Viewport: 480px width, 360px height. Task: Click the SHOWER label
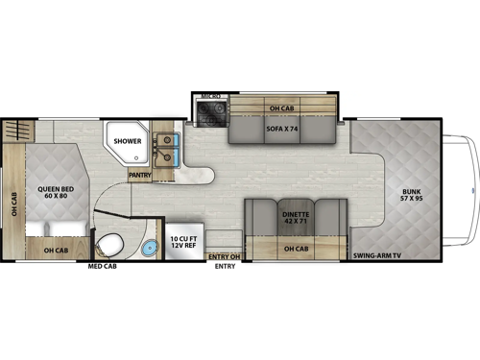(128, 141)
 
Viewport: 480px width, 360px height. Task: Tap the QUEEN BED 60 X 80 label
(50, 193)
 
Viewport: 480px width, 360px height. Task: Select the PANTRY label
(140, 176)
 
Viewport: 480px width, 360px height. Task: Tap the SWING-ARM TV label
(376, 256)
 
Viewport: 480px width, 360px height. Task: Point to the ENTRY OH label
(223, 257)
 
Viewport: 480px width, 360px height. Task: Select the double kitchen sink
(168, 150)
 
